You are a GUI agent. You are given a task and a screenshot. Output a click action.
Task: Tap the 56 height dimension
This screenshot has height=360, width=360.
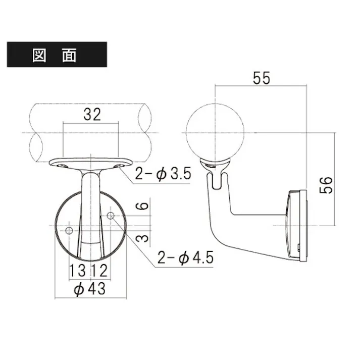[327, 185]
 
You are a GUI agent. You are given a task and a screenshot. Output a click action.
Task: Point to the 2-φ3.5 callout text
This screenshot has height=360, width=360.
[163, 175]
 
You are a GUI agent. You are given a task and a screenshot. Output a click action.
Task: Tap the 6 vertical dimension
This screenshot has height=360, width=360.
[143, 205]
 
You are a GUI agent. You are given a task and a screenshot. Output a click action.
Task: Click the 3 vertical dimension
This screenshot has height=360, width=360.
[143, 237]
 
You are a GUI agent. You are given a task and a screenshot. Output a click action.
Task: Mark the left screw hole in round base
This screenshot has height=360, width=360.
[70, 231]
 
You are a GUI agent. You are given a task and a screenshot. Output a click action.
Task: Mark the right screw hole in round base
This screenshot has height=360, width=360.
[111, 216]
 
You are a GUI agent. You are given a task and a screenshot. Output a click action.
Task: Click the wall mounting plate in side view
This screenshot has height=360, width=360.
[296, 225]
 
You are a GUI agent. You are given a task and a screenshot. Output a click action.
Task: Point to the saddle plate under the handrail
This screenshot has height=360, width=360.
[91, 163]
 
